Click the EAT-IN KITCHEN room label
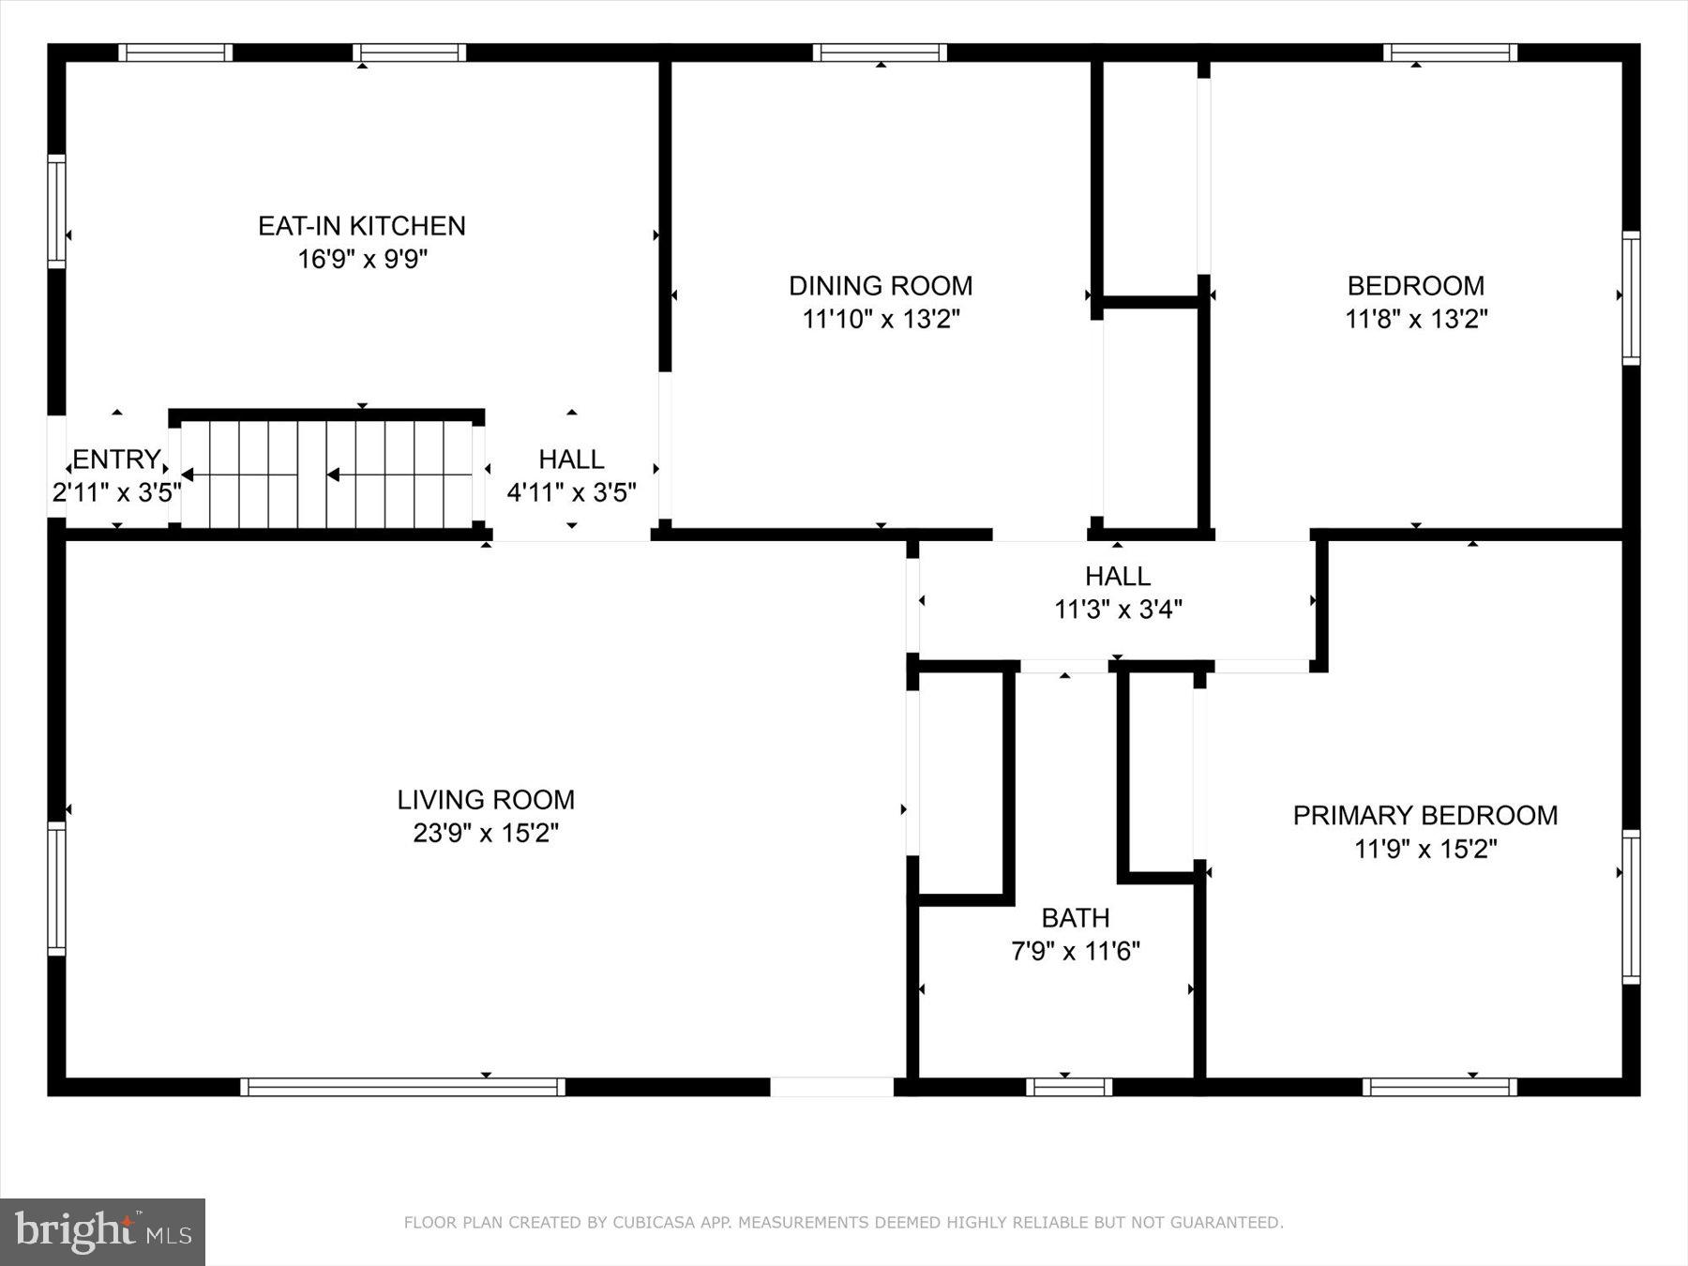click(x=362, y=226)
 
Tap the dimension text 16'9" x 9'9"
click(x=362, y=259)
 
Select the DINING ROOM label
click(x=881, y=285)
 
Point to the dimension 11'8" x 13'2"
click(x=1416, y=319)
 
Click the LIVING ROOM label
click(x=486, y=800)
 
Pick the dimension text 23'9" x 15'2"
click(x=486, y=833)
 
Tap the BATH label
click(x=1076, y=917)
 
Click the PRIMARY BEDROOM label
click(x=1425, y=816)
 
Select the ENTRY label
click(x=116, y=460)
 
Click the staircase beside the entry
click(x=326, y=475)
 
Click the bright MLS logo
click(x=102, y=1231)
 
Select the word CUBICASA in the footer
click(x=648, y=1223)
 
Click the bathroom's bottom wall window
click(x=1069, y=1087)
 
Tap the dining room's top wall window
click(x=880, y=53)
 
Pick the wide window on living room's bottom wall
click(x=402, y=1087)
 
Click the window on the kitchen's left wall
click(x=57, y=211)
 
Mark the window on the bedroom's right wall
click(x=1631, y=298)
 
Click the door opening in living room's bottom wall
click(x=832, y=1087)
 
